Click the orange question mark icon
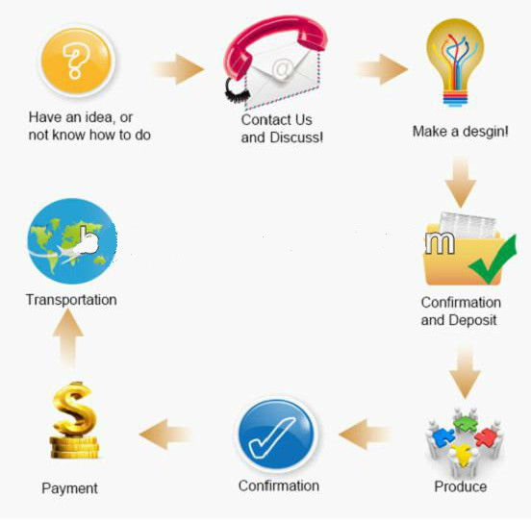click(x=77, y=62)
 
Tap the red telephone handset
click(x=274, y=37)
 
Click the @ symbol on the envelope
click(x=283, y=68)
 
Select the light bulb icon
click(x=455, y=62)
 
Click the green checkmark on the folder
click(x=493, y=260)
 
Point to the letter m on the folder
click(x=440, y=242)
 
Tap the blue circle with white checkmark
click(x=277, y=434)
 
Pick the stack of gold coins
click(x=74, y=447)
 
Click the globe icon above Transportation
click(x=72, y=241)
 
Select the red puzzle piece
click(x=487, y=437)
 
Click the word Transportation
click(x=71, y=300)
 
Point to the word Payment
click(x=69, y=488)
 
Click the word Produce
click(x=461, y=486)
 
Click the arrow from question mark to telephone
click(x=179, y=69)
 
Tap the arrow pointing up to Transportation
click(x=68, y=337)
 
